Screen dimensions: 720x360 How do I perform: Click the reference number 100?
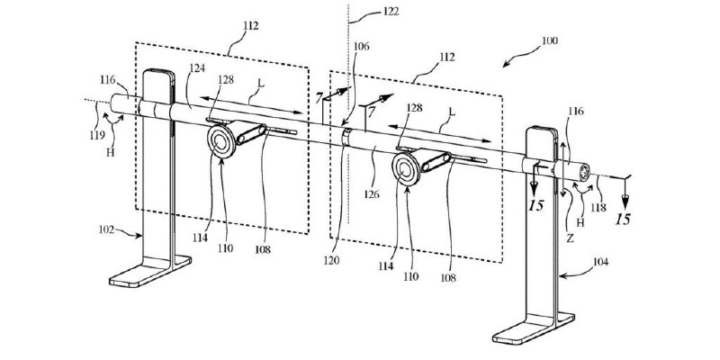pos(550,40)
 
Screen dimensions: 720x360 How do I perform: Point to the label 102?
pos(106,229)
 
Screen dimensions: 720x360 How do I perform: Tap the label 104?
pos(600,262)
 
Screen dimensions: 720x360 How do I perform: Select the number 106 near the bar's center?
pos(362,47)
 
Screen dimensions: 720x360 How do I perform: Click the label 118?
pos(598,208)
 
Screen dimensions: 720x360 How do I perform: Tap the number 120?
pos(330,260)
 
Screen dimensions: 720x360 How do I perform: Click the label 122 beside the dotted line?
pos(391,12)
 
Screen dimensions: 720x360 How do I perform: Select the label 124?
pos(197,68)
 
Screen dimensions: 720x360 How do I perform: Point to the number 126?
pos(372,194)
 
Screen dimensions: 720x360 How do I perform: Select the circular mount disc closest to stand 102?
pos(220,141)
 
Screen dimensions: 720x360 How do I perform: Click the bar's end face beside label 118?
pos(584,172)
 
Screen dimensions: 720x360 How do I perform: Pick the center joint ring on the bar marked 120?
pos(346,138)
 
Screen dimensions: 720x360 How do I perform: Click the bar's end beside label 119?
pos(113,103)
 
